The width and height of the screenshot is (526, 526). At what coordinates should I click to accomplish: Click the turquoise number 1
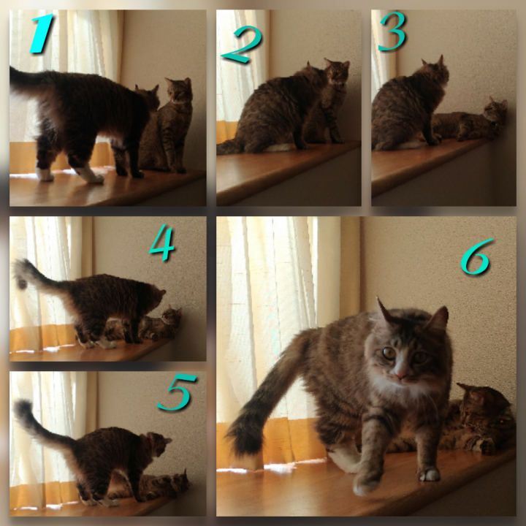coord(42,34)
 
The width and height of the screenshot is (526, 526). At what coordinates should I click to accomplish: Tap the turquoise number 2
coord(243,44)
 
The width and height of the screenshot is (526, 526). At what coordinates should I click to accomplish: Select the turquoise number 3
coord(392,31)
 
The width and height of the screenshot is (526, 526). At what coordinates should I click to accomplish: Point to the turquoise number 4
coord(162,243)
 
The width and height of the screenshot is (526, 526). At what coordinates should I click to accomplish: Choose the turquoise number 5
coord(177,392)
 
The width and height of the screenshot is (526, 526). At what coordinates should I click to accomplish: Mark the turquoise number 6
coord(476,256)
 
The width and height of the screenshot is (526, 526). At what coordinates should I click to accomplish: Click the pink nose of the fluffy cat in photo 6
coord(401,374)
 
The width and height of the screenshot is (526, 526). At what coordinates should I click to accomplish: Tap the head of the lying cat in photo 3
coord(495,110)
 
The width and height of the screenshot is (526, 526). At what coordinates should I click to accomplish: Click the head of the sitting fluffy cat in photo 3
coord(435,72)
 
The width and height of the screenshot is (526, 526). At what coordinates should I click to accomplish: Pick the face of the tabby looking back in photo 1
coord(180,91)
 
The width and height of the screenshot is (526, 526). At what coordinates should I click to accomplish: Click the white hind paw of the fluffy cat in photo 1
coord(89,175)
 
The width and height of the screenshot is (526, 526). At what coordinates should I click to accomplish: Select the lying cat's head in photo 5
coord(180,481)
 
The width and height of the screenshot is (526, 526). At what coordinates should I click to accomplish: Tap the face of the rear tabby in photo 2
coord(337,72)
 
